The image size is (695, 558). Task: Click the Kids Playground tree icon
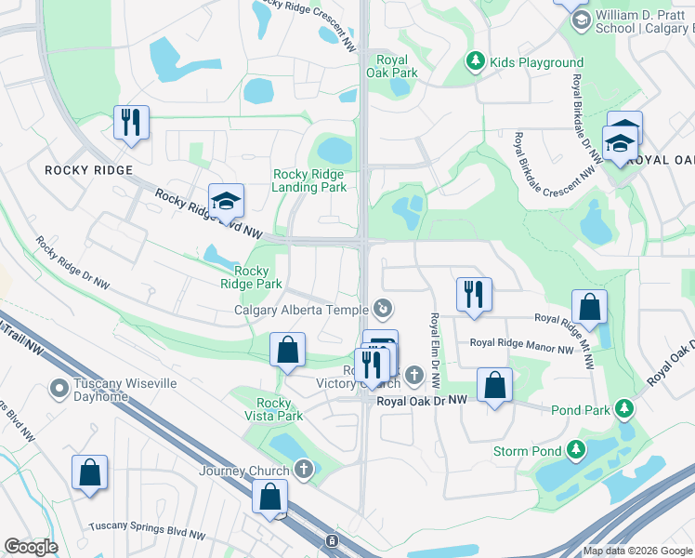pyautogui.click(x=476, y=62)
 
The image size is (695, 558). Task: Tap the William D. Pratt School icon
pyautogui.click(x=581, y=20)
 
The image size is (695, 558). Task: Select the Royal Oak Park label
pyautogui.click(x=392, y=66)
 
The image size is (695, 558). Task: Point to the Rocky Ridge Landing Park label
pyautogui.click(x=309, y=180)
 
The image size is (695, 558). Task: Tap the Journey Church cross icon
pyautogui.click(x=304, y=471)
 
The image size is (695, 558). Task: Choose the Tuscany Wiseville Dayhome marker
pyautogui.click(x=59, y=387)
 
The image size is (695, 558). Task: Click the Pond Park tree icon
pyautogui.click(x=625, y=408)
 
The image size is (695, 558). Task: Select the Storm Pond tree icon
pyautogui.click(x=577, y=451)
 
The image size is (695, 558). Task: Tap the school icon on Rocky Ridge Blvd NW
pyautogui.click(x=224, y=200)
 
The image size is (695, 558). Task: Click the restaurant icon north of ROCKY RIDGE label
pyautogui.click(x=131, y=122)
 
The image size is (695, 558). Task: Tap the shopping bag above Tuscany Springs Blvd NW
pyautogui.click(x=89, y=472)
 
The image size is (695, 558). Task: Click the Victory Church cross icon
pyautogui.click(x=413, y=375)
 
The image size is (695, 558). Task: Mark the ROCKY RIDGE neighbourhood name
pyautogui.click(x=89, y=170)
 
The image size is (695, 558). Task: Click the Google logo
pyautogui.click(x=31, y=547)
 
